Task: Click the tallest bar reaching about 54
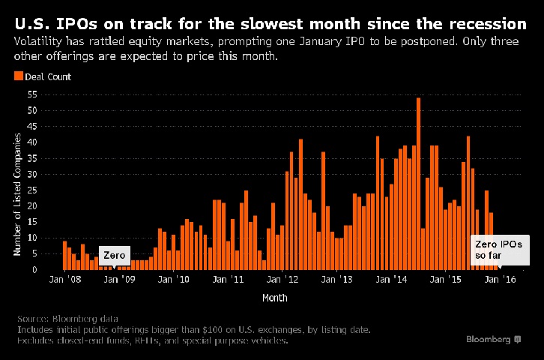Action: coord(418,183)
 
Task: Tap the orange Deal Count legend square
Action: coord(18,76)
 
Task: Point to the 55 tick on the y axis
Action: coord(31,94)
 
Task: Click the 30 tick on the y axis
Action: coord(31,174)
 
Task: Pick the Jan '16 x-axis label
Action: coord(500,280)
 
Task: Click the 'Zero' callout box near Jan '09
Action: coord(114,255)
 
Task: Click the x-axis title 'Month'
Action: coord(274,297)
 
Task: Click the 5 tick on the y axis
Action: coord(34,253)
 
